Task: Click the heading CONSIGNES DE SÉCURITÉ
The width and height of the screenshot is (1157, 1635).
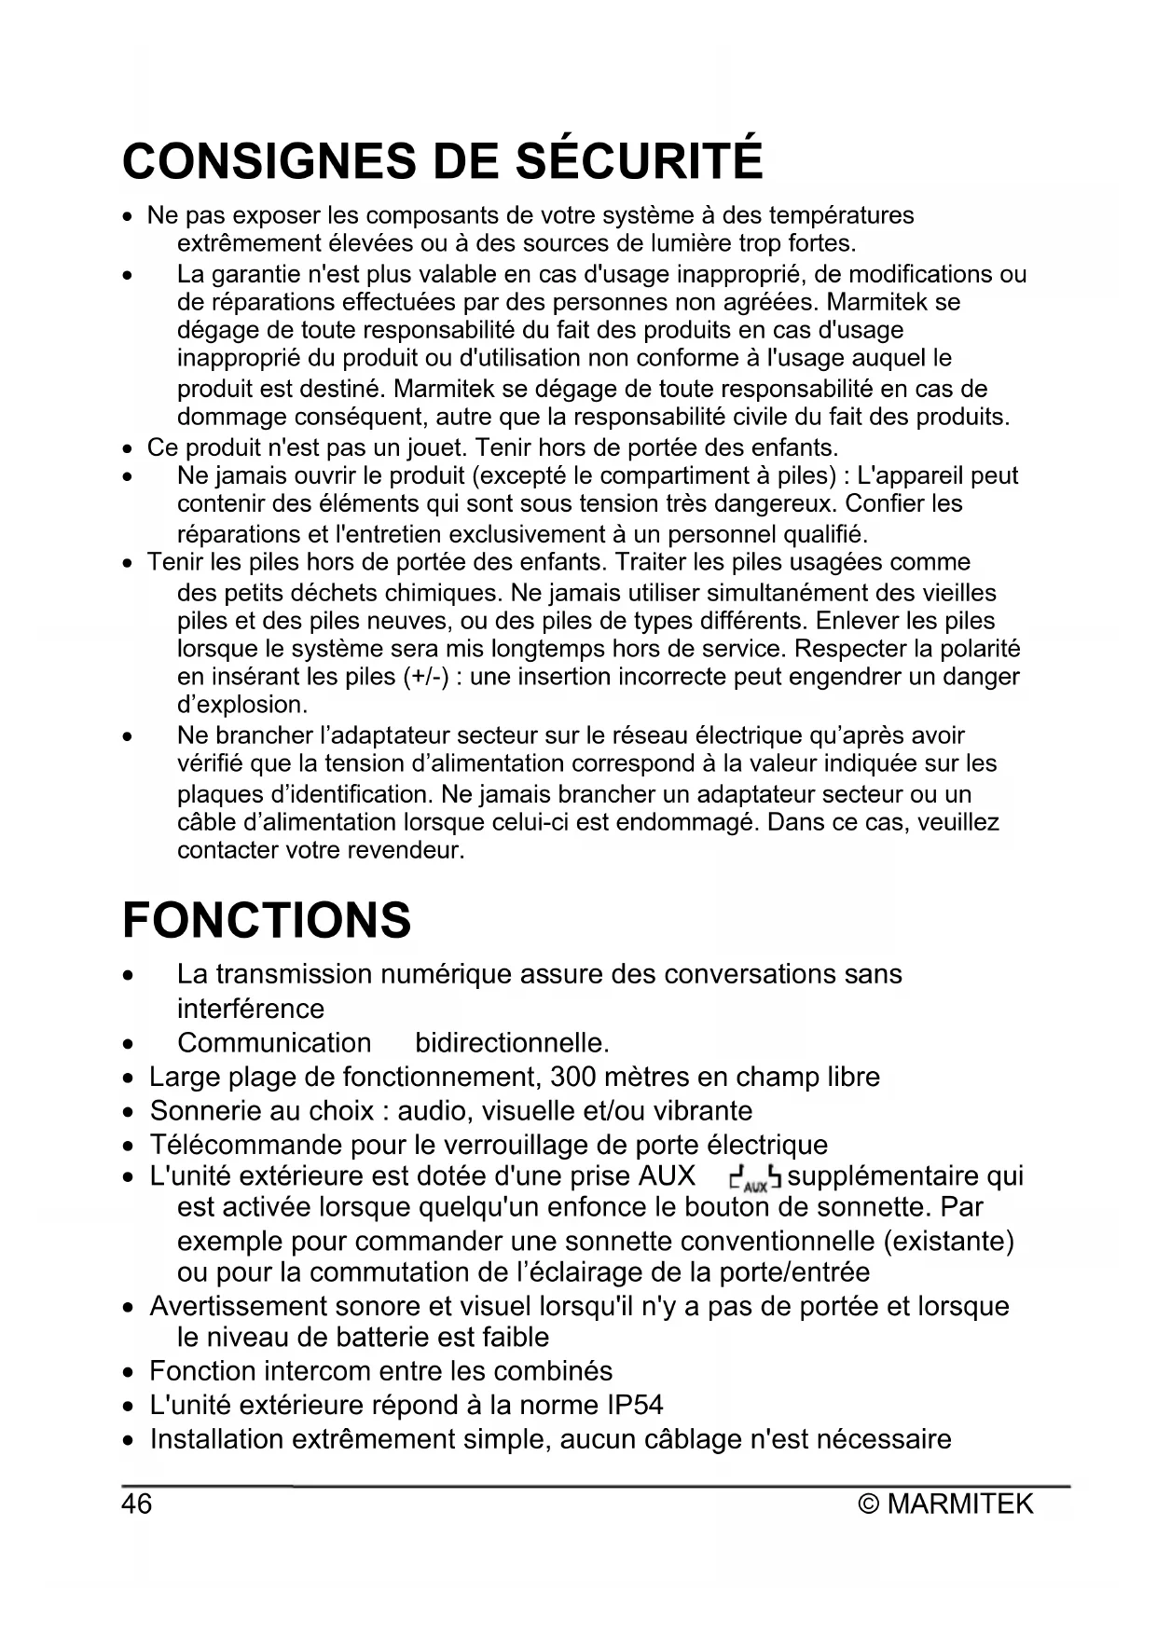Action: (x=442, y=160)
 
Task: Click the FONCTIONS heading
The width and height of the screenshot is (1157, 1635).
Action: (x=267, y=920)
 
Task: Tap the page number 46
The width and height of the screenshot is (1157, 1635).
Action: (x=136, y=1504)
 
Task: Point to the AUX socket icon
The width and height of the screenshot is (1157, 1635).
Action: (x=755, y=1180)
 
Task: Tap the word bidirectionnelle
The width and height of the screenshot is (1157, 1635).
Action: (x=511, y=1042)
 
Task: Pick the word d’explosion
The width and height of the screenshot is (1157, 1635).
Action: (x=242, y=704)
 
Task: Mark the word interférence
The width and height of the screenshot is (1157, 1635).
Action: (x=251, y=1009)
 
